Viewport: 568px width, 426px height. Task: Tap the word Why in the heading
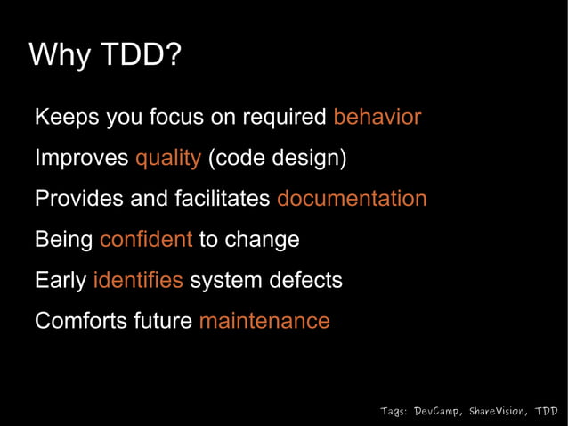[x=59, y=55]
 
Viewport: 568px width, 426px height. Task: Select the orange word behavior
[x=377, y=118]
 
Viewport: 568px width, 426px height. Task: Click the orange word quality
[x=167, y=159]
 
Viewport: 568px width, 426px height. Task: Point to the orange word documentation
[x=352, y=199]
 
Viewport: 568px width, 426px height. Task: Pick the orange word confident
[x=146, y=240]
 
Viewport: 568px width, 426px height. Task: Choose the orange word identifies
[x=138, y=280]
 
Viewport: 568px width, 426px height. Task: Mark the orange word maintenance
[x=264, y=321]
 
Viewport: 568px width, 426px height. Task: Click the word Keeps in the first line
[x=66, y=118]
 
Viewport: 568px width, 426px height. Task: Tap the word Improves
[x=81, y=159]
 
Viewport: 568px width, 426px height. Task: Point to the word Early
[x=60, y=280]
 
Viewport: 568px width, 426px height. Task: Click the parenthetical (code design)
[x=277, y=159]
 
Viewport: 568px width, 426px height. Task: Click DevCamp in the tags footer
[x=437, y=411]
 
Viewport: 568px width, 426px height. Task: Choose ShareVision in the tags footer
[x=496, y=411]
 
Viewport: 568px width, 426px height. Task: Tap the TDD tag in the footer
[x=548, y=411]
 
